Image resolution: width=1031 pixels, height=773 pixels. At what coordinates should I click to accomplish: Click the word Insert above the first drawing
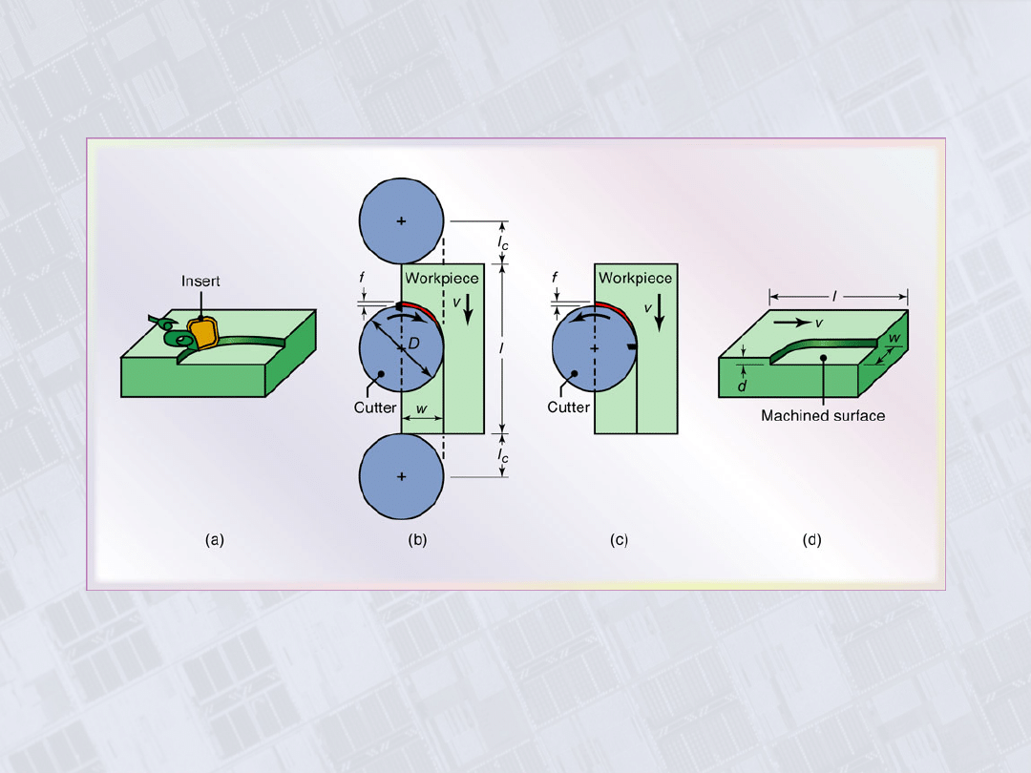pos(200,282)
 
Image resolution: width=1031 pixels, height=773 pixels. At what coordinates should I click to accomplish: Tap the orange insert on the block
pos(202,333)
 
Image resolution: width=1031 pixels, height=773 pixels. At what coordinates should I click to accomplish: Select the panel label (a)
pos(215,539)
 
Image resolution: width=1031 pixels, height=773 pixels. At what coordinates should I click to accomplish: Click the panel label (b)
pos(417,539)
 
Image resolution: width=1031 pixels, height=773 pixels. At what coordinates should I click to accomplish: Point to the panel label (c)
pos(619,539)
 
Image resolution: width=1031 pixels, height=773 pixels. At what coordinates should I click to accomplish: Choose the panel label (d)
pos(812,539)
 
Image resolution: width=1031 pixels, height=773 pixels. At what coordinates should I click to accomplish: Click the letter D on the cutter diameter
pos(413,344)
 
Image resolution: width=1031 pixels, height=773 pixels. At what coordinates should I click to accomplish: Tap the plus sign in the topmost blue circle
pos(401,220)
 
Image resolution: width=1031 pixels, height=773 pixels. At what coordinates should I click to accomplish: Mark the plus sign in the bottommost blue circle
pos(401,476)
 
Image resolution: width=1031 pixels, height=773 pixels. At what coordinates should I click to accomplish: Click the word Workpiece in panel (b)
pos(442,278)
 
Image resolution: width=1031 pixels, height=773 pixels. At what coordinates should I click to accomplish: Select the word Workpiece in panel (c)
pos(635,278)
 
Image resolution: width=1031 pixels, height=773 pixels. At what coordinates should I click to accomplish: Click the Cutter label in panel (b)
pos(375,407)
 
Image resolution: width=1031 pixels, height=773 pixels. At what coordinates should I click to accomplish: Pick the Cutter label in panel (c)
pos(568,407)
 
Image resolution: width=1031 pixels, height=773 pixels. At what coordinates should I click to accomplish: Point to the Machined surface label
pos(823,415)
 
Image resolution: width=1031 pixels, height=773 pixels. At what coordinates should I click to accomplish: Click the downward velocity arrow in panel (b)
pos(468,309)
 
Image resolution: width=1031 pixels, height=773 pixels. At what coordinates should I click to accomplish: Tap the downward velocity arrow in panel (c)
pos(660,312)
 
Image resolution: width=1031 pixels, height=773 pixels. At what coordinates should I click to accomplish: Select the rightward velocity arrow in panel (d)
pos(792,323)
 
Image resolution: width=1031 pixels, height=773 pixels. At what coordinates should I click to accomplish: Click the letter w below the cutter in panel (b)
pos(422,408)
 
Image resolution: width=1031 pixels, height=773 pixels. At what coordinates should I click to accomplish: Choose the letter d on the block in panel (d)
pos(742,386)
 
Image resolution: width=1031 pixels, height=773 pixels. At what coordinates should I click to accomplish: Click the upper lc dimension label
pos(502,242)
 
